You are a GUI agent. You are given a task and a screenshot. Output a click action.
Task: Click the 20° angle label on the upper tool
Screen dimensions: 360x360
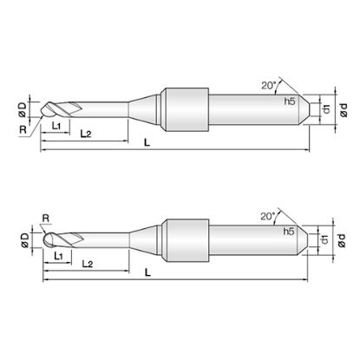tap(269, 85)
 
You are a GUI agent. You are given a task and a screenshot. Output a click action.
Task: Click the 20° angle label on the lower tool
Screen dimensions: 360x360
tap(268, 216)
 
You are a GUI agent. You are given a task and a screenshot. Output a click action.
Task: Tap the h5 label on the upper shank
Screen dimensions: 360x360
tap(290, 101)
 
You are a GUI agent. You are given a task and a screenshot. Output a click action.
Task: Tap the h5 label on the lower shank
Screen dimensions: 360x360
tap(289, 232)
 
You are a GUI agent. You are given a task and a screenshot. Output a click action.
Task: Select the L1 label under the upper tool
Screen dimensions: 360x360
tap(56, 126)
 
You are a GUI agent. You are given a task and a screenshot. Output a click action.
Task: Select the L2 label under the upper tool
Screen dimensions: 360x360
tap(86, 134)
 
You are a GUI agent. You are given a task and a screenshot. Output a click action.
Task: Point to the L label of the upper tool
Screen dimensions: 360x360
tap(147, 142)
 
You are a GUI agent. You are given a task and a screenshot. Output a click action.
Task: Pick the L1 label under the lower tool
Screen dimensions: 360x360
tap(58, 256)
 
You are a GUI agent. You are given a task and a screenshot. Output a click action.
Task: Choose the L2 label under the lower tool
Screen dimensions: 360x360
tap(88, 264)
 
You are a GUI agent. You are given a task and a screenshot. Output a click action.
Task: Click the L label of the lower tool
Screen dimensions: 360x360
tap(147, 272)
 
